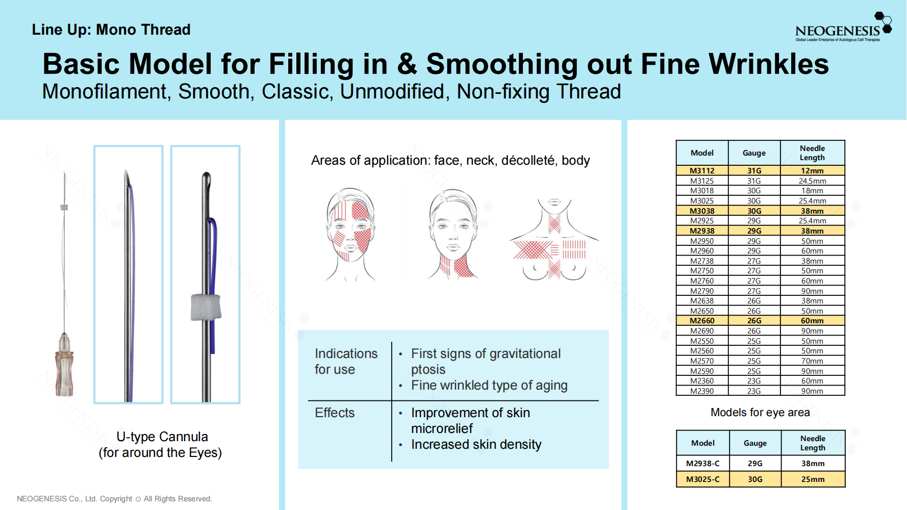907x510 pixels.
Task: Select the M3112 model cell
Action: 702,171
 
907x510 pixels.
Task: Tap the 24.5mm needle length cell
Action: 812,181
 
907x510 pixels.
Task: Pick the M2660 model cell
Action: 702,321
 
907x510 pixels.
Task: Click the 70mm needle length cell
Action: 812,361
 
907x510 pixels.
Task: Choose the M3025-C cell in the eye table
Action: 703,479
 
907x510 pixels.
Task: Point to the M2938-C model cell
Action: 703,464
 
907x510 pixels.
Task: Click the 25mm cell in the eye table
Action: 813,479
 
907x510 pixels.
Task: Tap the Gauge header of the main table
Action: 754,153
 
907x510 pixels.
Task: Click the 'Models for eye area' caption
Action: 760,413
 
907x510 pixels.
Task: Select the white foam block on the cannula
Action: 206,307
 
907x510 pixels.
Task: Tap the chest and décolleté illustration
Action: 554,239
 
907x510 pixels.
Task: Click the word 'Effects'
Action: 335,413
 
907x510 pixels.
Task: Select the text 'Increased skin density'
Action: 476,445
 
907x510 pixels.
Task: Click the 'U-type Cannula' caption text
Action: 162,437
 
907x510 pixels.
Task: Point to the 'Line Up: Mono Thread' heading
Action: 111,30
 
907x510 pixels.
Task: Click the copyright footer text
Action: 114,499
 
